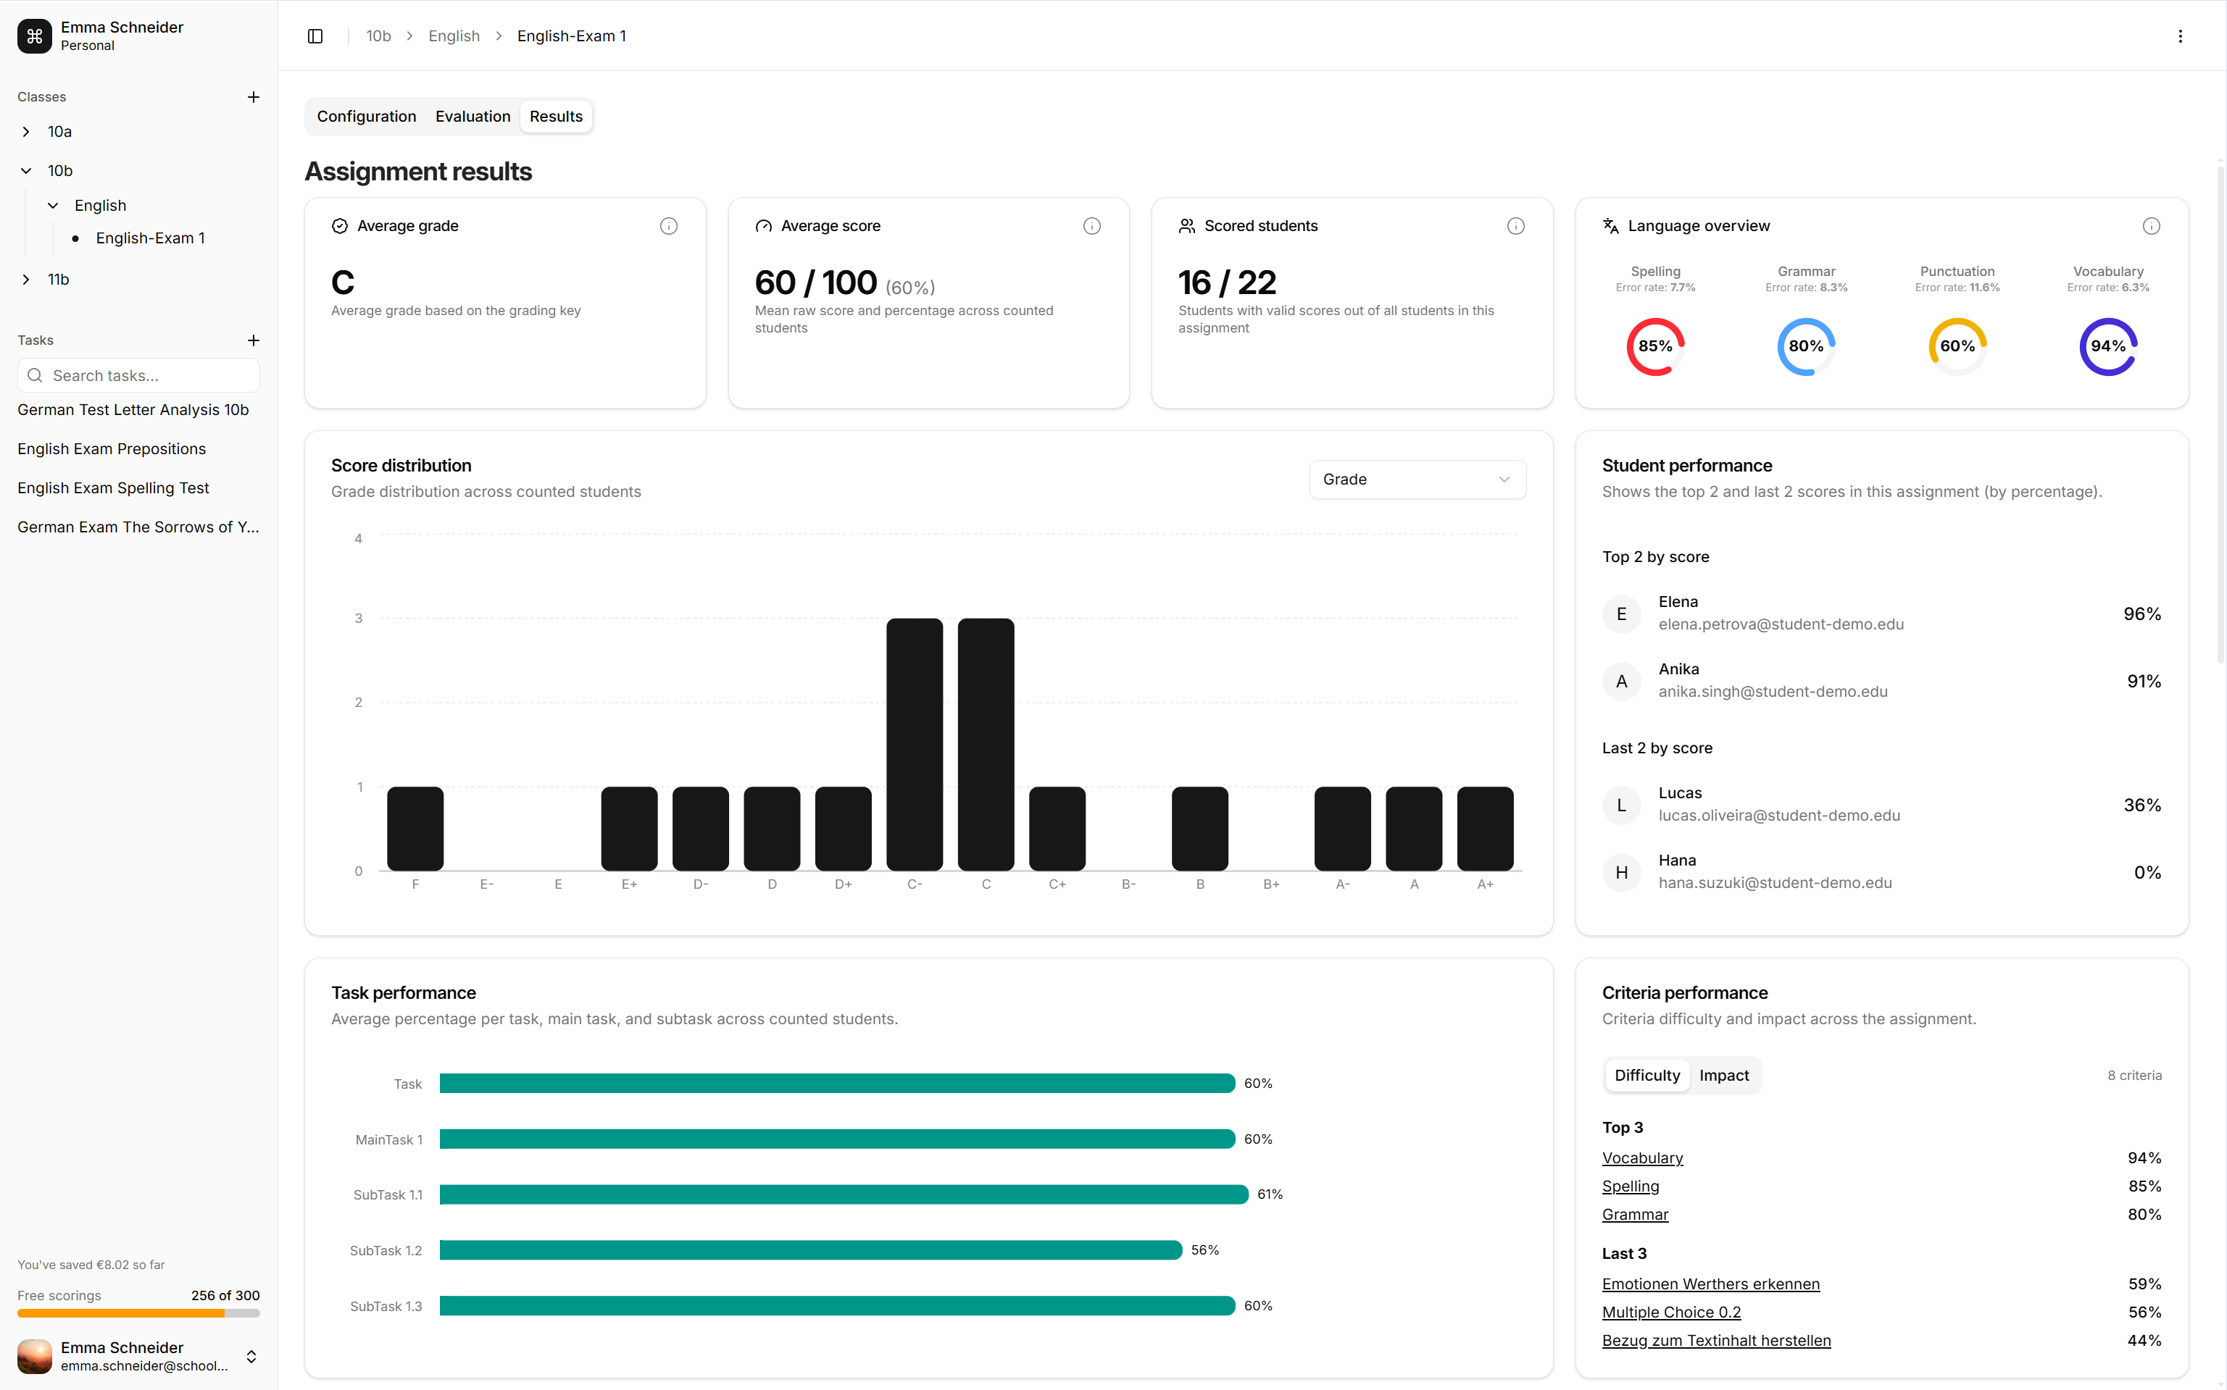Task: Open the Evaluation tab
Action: [x=473, y=117]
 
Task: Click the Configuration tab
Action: [x=366, y=117]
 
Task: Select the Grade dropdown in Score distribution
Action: [x=1416, y=479]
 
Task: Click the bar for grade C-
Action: [x=914, y=745]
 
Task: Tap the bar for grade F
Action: [x=415, y=829]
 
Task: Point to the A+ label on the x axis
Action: [x=1484, y=884]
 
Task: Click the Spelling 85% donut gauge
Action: [x=1655, y=346]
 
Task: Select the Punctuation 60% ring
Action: [x=1957, y=346]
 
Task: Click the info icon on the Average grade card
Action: [x=668, y=226]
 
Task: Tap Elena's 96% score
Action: [x=2141, y=614]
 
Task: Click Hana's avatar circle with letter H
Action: [x=1621, y=872]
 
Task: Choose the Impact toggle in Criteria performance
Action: [x=1723, y=1076]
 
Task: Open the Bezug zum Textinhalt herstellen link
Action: [x=1716, y=1340]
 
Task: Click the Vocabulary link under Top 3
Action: [x=1642, y=1158]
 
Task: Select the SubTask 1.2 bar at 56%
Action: [x=810, y=1250]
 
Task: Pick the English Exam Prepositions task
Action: [x=112, y=448]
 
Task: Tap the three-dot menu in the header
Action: [x=2179, y=35]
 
